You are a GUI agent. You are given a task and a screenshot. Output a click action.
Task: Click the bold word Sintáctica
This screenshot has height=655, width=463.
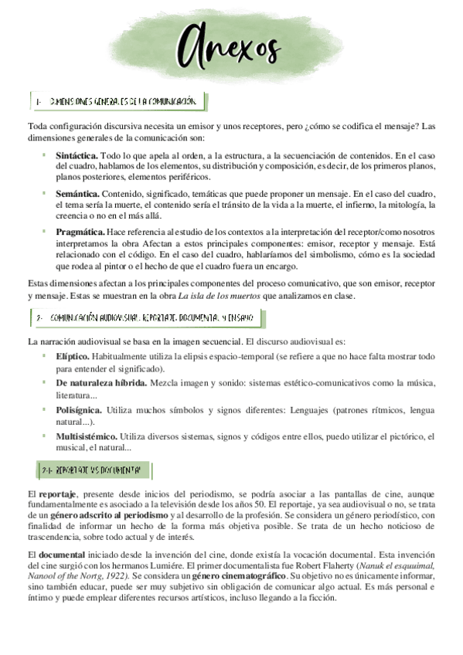pyautogui.click(x=77, y=155)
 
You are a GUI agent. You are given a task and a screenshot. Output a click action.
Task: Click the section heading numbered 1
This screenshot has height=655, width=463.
pyautogui.click(x=120, y=102)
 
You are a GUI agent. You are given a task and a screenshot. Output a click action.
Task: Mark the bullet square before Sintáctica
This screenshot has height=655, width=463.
pyautogui.click(x=45, y=155)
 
